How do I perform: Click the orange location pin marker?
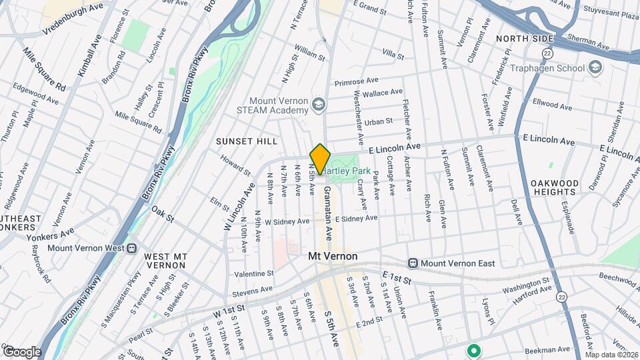pos(320,159)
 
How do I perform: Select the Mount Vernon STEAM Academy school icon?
pos(319,105)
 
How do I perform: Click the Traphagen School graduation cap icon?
pos(595,67)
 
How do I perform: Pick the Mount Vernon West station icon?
pos(132,248)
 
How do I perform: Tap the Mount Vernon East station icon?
pos(413,263)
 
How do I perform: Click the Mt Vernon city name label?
pos(333,256)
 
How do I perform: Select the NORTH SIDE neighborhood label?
pos(525,39)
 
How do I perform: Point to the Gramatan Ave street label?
pos(328,214)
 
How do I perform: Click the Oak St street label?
pos(162,215)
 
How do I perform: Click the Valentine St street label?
pos(254,273)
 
